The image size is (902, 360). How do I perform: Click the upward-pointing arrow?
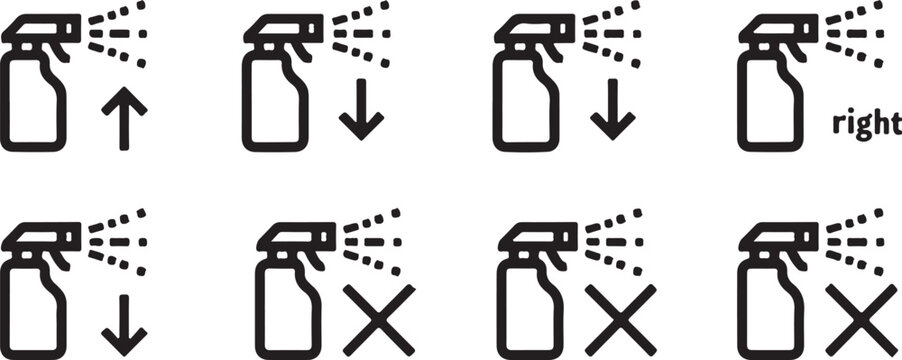pyautogui.click(x=124, y=118)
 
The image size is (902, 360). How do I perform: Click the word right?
pyautogui.click(x=867, y=124)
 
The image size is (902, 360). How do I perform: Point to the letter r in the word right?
pyautogui.click(x=838, y=125)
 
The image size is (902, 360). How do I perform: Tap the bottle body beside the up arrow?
pyautogui.click(x=33, y=102)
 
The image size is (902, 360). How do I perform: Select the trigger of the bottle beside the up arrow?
pyautogui.click(x=60, y=52)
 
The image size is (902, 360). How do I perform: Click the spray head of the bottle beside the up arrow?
pyautogui.click(x=41, y=29)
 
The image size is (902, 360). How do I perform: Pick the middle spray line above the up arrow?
pyautogui.click(x=118, y=33)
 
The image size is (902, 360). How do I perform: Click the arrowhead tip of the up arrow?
pyautogui.click(x=124, y=87)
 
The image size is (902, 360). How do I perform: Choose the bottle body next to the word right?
pyautogui.click(x=771, y=102)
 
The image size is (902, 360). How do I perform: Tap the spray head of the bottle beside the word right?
pyautogui.click(x=778, y=29)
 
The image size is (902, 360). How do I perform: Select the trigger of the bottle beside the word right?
pyautogui.click(x=797, y=52)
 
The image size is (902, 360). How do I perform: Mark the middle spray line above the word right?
pyautogui.click(x=855, y=33)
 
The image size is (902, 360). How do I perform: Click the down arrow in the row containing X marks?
pyautogui.click(x=124, y=325)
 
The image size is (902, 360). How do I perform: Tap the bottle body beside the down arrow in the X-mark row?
pyautogui.click(x=33, y=309)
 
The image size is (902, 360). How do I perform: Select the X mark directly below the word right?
pyautogui.click(x=862, y=320)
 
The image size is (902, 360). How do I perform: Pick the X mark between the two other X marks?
pyautogui.click(x=621, y=320)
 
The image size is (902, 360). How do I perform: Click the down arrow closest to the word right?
pyautogui.click(x=613, y=109)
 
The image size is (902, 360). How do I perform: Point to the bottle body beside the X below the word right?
pyautogui.click(x=771, y=309)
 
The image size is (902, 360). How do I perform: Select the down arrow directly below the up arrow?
pyautogui.click(x=124, y=325)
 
